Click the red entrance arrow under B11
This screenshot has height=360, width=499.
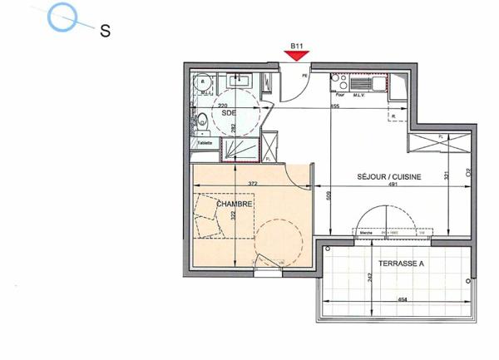(x=295, y=56)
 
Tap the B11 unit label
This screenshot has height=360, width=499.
(x=295, y=46)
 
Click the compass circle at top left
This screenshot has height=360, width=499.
(x=63, y=17)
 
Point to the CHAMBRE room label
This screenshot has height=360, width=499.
(x=234, y=204)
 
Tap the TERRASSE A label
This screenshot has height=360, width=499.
(x=402, y=264)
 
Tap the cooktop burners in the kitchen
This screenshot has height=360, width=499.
(x=338, y=81)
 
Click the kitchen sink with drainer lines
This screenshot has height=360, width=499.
(x=364, y=83)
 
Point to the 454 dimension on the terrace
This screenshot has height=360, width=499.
(x=402, y=300)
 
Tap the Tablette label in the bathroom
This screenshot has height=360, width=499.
(x=205, y=143)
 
